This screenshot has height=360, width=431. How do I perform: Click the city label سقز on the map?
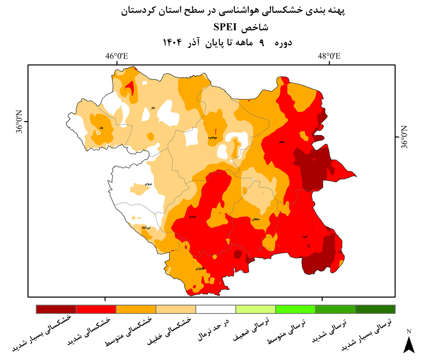[153, 108]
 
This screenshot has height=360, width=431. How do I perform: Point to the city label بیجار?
[281, 142]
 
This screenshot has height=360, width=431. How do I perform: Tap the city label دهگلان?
[255, 220]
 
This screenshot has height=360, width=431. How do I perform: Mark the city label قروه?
[305, 236]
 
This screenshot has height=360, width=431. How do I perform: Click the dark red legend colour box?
[56, 309]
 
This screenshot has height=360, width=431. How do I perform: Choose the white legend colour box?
[215, 309]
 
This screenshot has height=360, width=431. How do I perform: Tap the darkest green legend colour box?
[375, 309]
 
